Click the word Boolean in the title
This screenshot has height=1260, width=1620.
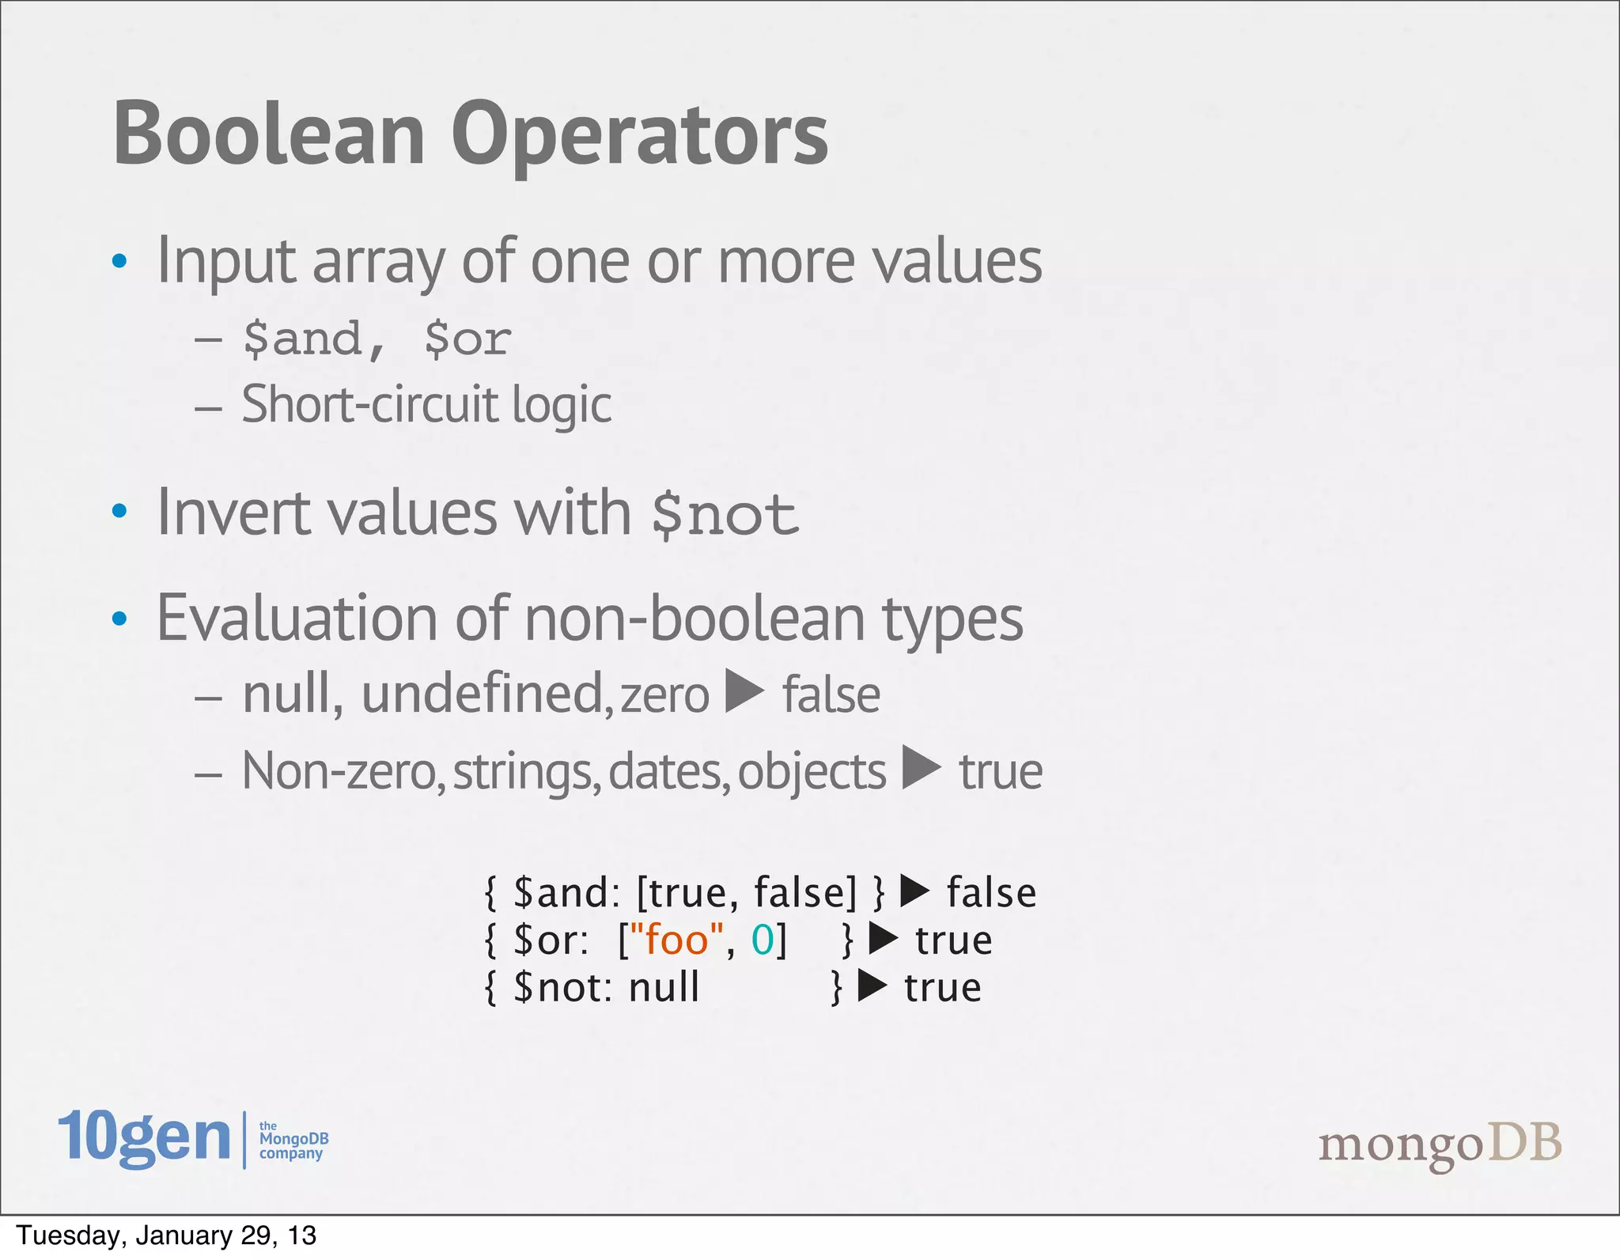point(269,134)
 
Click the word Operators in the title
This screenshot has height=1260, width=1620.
point(639,134)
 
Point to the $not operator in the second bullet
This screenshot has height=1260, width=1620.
point(724,515)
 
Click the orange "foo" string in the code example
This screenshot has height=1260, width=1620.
point(676,940)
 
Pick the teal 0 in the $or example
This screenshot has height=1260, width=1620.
point(762,940)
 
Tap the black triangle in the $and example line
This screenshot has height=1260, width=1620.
point(915,891)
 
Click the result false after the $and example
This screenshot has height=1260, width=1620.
point(991,893)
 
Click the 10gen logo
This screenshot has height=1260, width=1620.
point(144,1138)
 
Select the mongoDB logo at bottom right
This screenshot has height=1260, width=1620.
point(1440,1145)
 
